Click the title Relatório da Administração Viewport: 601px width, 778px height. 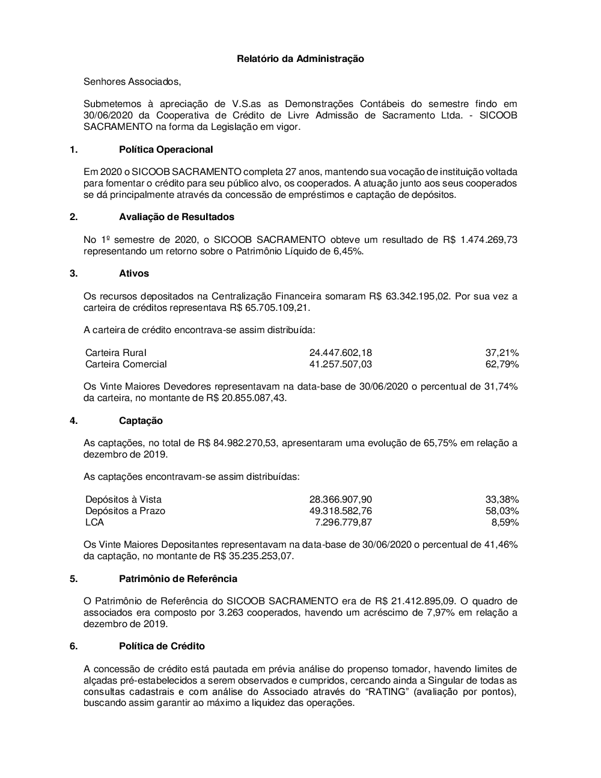coord(300,59)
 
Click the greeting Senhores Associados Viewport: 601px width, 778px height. coord(132,81)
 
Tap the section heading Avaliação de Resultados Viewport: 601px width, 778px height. coord(177,216)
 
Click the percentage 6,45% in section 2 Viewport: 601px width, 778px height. coord(348,251)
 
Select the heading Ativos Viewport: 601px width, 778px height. coord(134,273)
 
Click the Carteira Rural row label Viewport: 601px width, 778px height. coord(116,353)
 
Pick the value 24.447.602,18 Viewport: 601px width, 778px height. coord(340,353)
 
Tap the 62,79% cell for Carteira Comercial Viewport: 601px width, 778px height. coord(502,364)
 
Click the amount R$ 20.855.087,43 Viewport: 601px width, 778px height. coord(246,398)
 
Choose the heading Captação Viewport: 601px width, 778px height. coord(141,421)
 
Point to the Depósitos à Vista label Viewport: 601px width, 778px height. coord(123,500)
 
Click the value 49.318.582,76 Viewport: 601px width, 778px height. coord(340,511)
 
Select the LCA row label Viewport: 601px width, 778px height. coord(94,522)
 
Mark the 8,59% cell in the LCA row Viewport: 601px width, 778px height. coord(505,522)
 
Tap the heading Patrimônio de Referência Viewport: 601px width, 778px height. coord(178,578)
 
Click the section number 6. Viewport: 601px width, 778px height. coord(73,646)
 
